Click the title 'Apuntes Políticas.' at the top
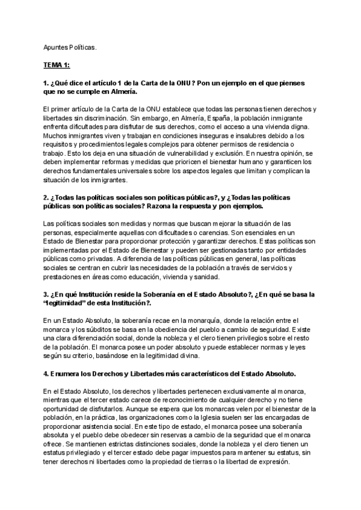[x=69, y=46]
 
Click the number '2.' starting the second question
[x=46, y=197]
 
